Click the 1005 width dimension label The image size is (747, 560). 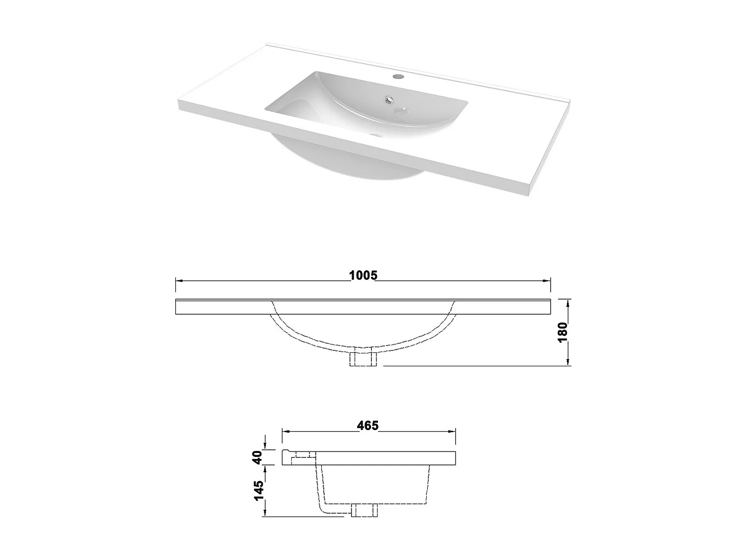(363, 275)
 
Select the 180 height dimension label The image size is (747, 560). (562, 332)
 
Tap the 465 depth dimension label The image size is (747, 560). (368, 426)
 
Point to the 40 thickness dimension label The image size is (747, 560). (257, 457)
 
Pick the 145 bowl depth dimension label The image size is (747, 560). (258, 491)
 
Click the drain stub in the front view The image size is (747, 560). (363, 359)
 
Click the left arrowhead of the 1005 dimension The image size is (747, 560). (179, 280)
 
